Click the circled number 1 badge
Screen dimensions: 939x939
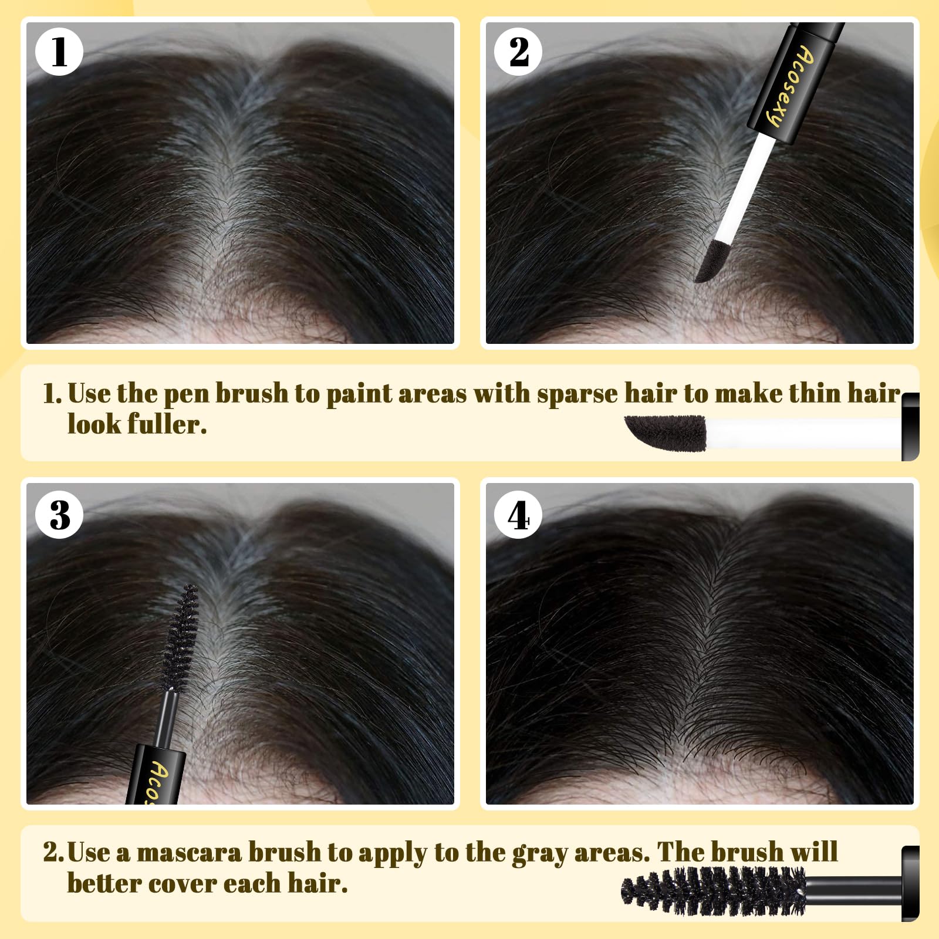click(59, 52)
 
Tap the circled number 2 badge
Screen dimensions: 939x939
click(518, 52)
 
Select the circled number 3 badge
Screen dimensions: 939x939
click(59, 515)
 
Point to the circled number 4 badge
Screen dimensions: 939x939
click(518, 515)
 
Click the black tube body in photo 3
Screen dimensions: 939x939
click(154, 775)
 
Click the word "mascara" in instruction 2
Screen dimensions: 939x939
click(188, 853)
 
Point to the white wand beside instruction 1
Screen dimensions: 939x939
click(804, 433)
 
